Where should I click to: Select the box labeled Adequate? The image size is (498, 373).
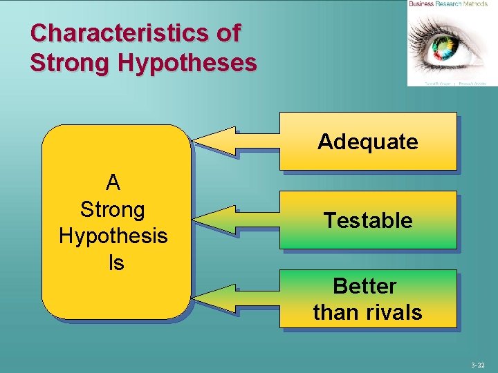click(x=368, y=141)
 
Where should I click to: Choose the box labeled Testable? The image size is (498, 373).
click(x=368, y=220)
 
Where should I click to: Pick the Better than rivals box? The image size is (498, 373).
click(x=368, y=298)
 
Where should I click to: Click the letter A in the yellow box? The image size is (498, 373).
click(x=113, y=183)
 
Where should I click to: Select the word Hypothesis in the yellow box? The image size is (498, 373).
click(x=113, y=236)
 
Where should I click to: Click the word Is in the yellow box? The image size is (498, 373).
click(x=115, y=262)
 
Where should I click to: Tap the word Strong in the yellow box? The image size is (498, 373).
click(x=113, y=209)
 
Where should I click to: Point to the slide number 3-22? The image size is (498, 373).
click(x=478, y=365)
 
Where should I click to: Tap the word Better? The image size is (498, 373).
click(x=365, y=286)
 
